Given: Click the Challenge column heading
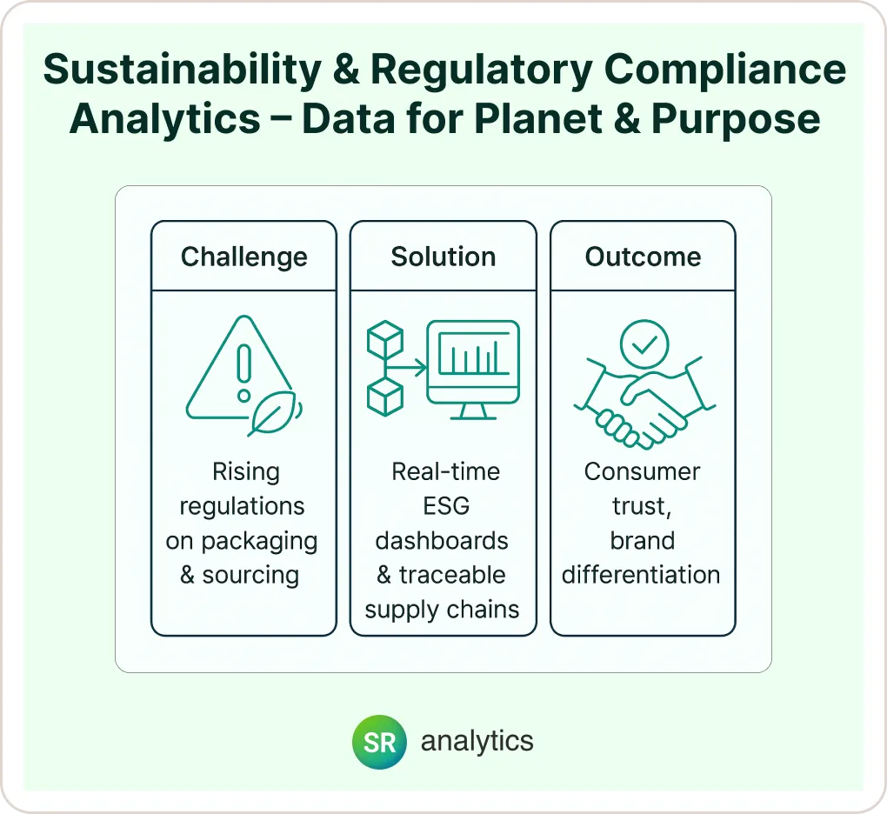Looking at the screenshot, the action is pyautogui.click(x=243, y=257).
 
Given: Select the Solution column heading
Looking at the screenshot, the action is pyautogui.click(x=443, y=257).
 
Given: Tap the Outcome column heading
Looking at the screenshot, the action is pyautogui.click(x=644, y=257).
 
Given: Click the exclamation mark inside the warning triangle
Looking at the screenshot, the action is pyautogui.click(x=243, y=372).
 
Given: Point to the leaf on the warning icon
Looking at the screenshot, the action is pyautogui.click(x=274, y=413).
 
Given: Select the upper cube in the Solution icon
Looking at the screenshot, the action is pyautogui.click(x=385, y=339).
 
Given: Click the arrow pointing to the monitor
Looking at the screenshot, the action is pyautogui.click(x=406, y=368).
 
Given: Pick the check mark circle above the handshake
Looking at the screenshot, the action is pyautogui.click(x=644, y=344).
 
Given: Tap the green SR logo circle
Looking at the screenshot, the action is pyautogui.click(x=379, y=742).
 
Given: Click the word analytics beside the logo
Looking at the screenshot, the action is pyautogui.click(x=477, y=742).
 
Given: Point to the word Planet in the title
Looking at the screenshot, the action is pyautogui.click(x=538, y=119).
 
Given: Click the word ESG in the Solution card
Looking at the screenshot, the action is pyautogui.click(x=446, y=506).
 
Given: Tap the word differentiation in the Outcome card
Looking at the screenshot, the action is pyautogui.click(x=641, y=575).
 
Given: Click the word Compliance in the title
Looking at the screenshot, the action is pyautogui.click(x=725, y=70).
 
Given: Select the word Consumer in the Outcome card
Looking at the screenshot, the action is pyautogui.click(x=642, y=471).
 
